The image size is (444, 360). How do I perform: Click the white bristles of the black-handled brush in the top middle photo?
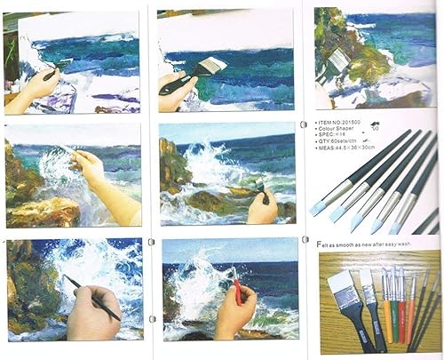coord(213,66)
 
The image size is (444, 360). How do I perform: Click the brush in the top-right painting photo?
coord(337,62)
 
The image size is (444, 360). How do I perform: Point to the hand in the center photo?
coord(263,210)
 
